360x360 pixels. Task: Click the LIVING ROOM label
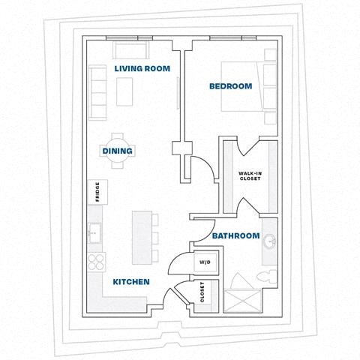[x=142, y=68]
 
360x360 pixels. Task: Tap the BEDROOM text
[x=229, y=87]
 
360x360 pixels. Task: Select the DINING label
[x=118, y=151]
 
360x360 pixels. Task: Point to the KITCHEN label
[x=131, y=282]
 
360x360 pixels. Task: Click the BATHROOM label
[x=235, y=235]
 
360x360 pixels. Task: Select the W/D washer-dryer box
[x=204, y=263]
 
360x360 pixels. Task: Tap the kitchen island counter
[x=140, y=237]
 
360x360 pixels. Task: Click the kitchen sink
[x=95, y=233]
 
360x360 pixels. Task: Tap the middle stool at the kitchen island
[x=156, y=238]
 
